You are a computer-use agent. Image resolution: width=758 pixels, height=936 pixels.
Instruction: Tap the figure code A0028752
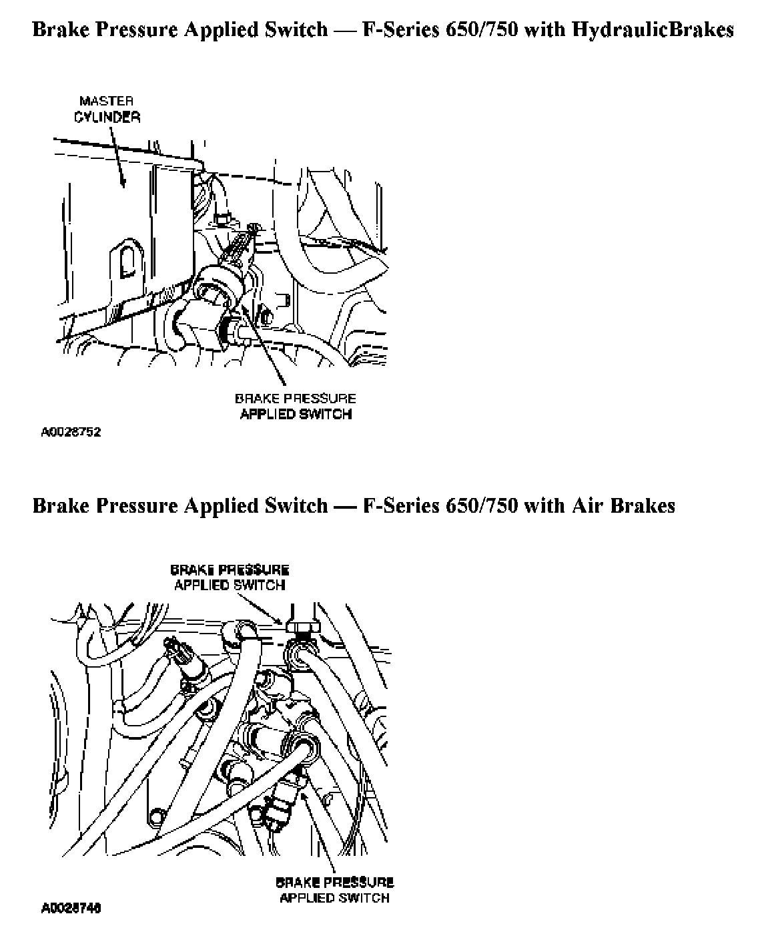click(71, 433)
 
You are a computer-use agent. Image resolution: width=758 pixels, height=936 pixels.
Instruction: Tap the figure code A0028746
click(71, 908)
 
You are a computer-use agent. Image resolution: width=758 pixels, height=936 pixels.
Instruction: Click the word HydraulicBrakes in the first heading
click(653, 30)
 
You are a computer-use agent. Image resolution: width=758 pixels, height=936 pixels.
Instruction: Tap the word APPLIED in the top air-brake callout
click(202, 586)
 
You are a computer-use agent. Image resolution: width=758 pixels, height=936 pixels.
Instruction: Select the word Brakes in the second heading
click(641, 505)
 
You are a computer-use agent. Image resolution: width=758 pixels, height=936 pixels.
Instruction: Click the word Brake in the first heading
click(61, 30)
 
